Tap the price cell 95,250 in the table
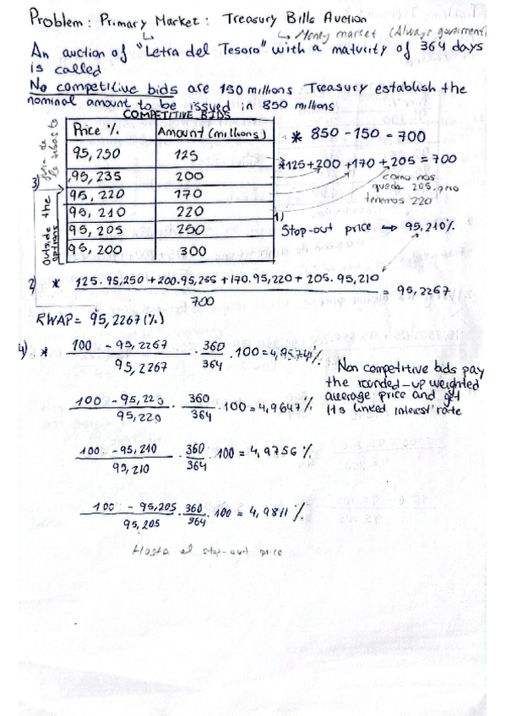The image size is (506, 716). pyautogui.click(x=101, y=155)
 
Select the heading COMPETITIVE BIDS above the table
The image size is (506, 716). pyautogui.click(x=160, y=116)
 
